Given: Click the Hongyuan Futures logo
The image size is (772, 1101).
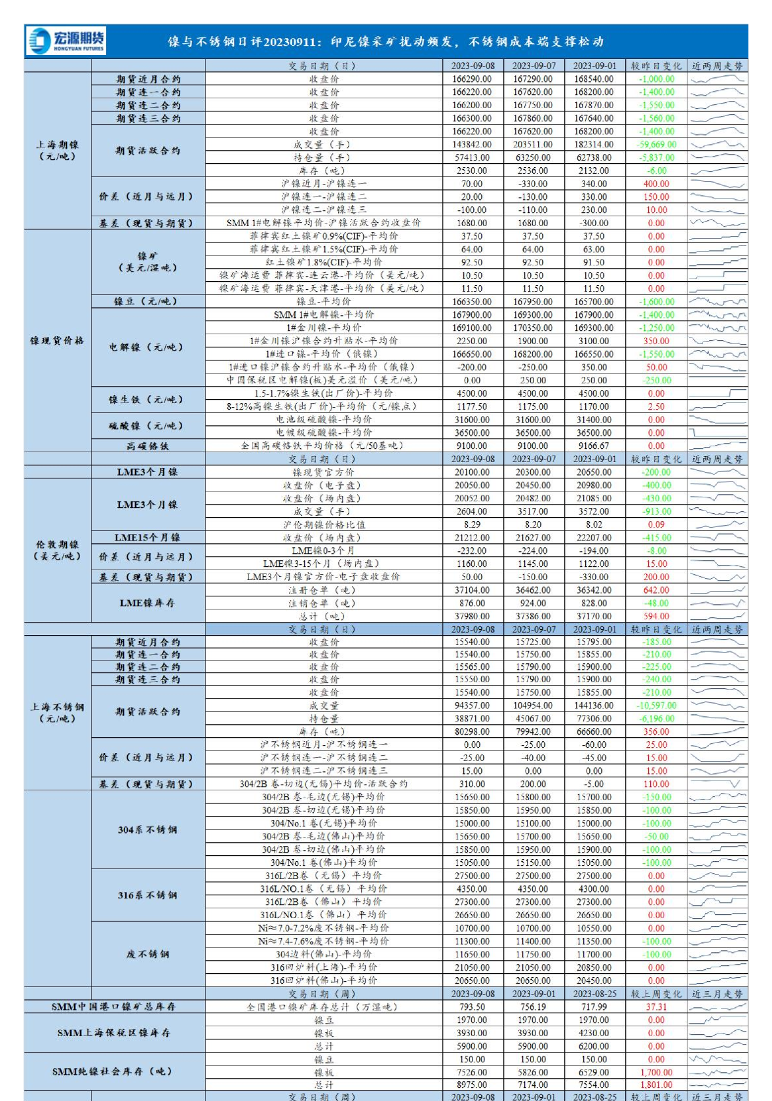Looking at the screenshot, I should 66,41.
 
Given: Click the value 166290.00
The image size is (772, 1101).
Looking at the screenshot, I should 472,79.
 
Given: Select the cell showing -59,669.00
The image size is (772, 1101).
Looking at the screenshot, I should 656,144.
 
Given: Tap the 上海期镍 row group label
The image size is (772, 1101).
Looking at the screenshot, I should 57,150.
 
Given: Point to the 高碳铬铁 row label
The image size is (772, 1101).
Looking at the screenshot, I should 147,446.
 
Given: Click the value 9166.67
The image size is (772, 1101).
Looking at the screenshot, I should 594,446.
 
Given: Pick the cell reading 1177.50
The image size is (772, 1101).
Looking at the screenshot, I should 472,406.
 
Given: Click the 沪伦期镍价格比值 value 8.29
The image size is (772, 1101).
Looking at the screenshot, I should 472,524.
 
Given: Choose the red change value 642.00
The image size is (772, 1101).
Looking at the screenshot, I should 656,590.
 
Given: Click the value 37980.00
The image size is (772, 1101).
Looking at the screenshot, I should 472,616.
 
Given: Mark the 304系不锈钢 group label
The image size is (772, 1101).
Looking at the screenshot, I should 147,830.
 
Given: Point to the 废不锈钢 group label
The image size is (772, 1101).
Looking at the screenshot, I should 147,954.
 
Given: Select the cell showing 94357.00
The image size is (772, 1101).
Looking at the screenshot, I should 472,705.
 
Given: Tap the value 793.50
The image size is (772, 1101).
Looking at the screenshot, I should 472,1007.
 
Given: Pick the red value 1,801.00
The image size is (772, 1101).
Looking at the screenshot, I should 656,1085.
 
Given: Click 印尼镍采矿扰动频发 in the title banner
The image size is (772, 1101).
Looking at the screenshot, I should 393,42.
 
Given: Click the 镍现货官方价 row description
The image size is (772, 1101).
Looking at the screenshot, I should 324,472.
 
